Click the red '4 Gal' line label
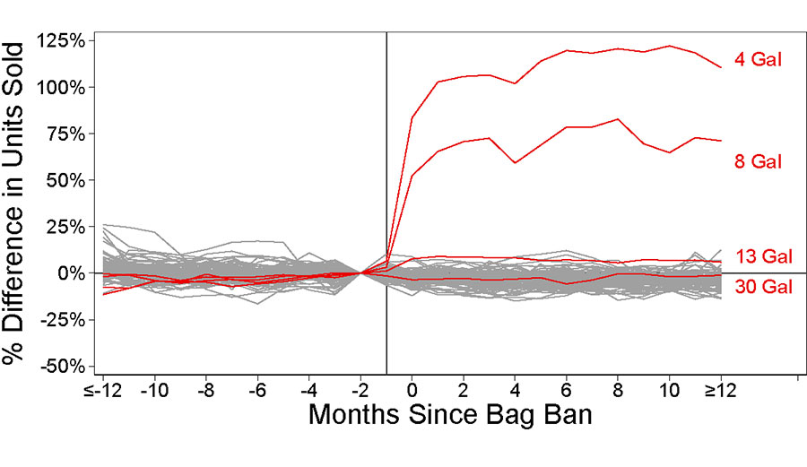(x=759, y=62)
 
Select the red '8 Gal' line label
(x=759, y=161)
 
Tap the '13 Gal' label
(x=763, y=256)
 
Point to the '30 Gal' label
(x=763, y=287)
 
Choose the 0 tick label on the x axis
(x=412, y=392)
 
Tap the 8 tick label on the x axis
(x=618, y=392)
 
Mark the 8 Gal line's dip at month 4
(x=515, y=162)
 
